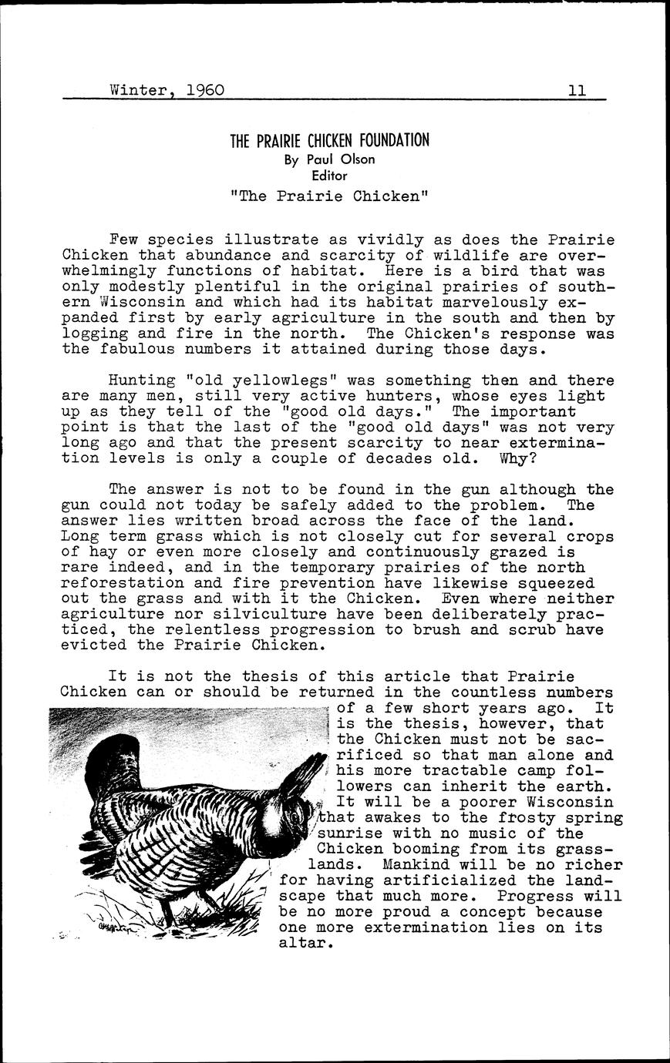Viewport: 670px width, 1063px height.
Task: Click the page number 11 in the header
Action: tap(577, 90)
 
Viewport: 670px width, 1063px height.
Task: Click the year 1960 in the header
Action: tap(205, 90)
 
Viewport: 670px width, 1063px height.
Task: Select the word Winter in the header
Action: tap(139, 90)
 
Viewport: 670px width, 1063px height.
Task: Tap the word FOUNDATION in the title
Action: tap(392, 141)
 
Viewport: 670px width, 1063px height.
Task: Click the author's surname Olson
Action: tap(353, 159)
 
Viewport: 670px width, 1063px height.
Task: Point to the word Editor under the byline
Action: tap(330, 175)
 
